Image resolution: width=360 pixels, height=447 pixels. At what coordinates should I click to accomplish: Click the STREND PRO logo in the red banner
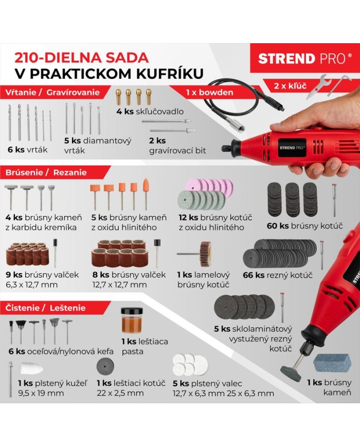pyautogui.click(x=305, y=59)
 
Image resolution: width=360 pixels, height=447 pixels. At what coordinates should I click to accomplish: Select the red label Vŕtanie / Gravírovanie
pyautogui.click(x=53, y=92)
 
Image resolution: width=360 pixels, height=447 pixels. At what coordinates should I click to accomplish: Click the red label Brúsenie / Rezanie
pyautogui.click(x=46, y=172)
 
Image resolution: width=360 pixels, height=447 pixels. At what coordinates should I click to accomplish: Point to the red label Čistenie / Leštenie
pyautogui.click(x=45, y=308)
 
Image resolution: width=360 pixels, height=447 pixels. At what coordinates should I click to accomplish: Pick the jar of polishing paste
pyautogui.click(x=132, y=320)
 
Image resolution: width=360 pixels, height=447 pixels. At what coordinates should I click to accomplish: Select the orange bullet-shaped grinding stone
pyautogui.click(x=146, y=190)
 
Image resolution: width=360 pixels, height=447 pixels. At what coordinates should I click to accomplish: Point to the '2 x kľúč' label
pyautogui.click(x=290, y=85)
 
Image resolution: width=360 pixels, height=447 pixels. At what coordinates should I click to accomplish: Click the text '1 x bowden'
pyautogui.click(x=209, y=93)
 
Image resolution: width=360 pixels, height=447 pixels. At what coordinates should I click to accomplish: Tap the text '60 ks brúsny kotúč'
pyautogui.click(x=304, y=226)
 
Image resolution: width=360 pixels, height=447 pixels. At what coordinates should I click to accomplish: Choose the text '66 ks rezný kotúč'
pyautogui.click(x=278, y=275)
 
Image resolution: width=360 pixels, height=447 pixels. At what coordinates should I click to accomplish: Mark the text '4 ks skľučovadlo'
pyautogui.click(x=150, y=112)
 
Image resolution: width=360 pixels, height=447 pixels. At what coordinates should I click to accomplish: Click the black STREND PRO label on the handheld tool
pyautogui.click(x=293, y=148)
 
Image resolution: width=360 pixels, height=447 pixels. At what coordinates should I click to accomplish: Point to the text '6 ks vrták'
pyautogui.click(x=27, y=150)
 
